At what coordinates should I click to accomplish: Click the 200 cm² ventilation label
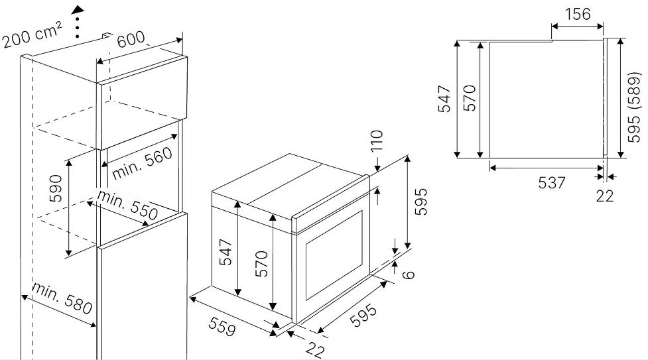point(32,34)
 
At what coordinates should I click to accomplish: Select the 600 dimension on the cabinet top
point(131,40)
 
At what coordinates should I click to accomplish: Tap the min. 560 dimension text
point(142,163)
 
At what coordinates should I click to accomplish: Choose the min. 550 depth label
point(127,205)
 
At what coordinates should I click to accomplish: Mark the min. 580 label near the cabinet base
point(62,298)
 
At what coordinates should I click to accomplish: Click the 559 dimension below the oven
point(222,326)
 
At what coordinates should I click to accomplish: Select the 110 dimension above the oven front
point(377,141)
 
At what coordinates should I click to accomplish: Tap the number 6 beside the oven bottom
point(409,274)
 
